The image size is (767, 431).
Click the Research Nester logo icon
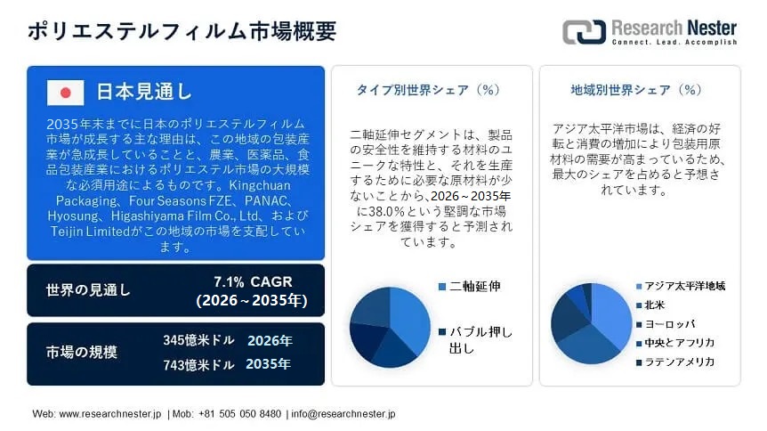[x=584, y=32]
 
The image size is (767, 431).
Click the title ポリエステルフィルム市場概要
[x=182, y=31]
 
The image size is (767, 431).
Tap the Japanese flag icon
[x=65, y=92]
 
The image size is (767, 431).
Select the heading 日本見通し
[x=143, y=91]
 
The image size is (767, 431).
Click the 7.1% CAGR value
[x=253, y=282]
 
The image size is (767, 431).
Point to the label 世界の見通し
[x=88, y=290]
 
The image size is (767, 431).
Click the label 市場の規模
[x=82, y=352]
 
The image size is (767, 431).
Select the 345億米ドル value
[x=198, y=341]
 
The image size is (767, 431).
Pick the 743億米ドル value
[x=198, y=364]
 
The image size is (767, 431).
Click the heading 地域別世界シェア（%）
[x=636, y=90]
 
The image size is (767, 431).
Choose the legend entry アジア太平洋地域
[x=684, y=286]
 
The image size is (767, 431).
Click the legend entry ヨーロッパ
[x=670, y=324]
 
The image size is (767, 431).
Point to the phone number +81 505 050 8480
[x=239, y=414]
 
